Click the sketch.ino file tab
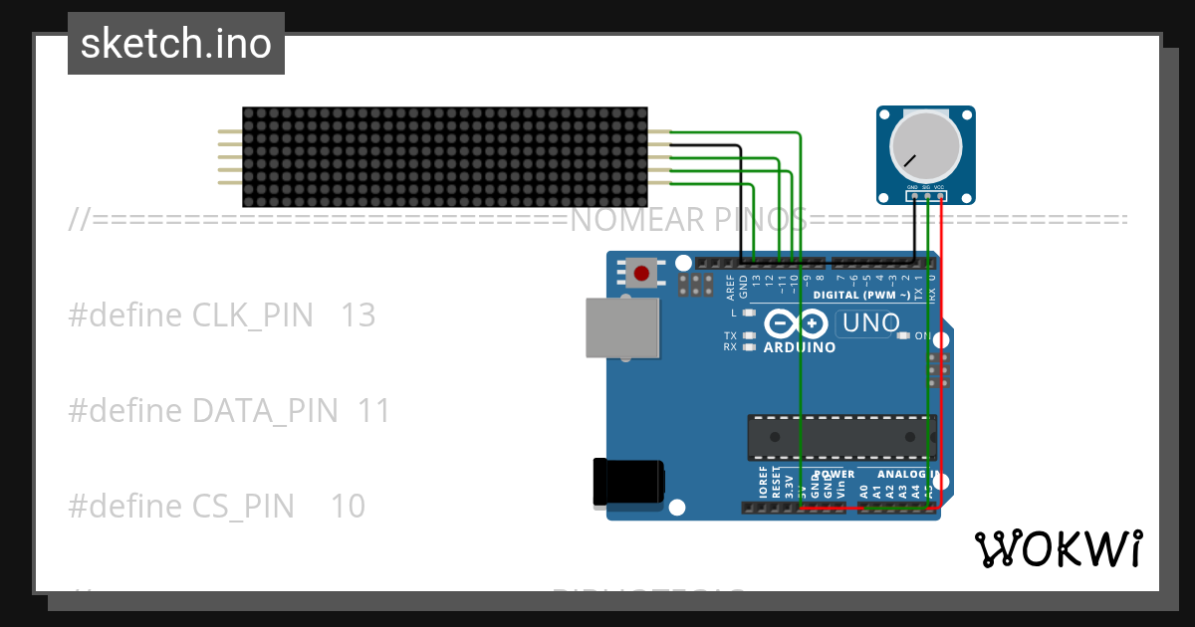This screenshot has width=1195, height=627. point(176,44)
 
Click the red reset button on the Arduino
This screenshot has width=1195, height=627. point(641,273)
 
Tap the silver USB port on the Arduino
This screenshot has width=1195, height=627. point(621,327)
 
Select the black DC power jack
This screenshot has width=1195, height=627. point(626,482)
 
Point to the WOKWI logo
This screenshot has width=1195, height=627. point(1058,548)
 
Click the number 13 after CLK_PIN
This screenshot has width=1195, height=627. point(358,315)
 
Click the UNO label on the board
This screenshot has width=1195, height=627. point(870,322)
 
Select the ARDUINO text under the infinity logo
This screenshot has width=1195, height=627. point(799,347)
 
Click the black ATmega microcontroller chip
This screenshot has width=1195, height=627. point(841,437)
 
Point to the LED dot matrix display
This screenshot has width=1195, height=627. point(444,157)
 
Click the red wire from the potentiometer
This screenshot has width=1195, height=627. point(941,348)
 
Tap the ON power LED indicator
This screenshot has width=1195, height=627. point(904,335)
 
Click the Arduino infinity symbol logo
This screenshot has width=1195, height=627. point(797,323)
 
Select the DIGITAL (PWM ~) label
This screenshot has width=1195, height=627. point(861,296)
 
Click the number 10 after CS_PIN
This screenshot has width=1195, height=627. point(348,507)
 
